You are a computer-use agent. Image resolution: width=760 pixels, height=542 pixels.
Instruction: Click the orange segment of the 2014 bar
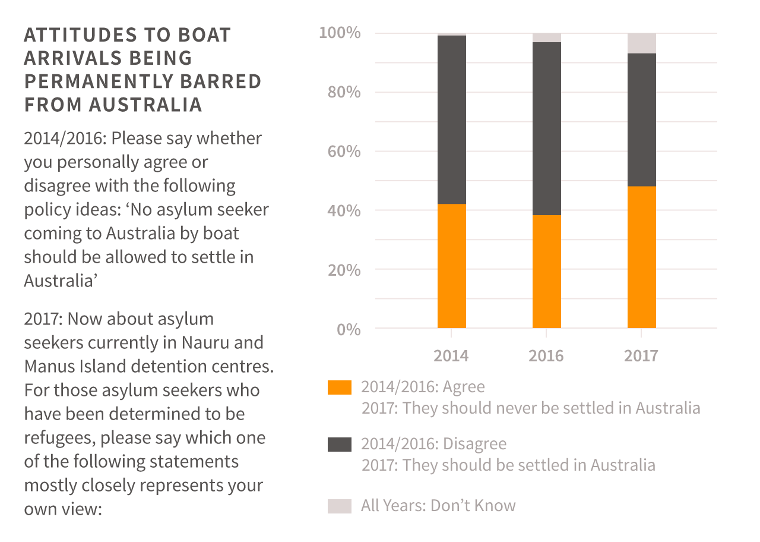click(451, 266)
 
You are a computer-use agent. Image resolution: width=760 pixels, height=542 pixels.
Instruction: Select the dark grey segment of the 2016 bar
click(546, 128)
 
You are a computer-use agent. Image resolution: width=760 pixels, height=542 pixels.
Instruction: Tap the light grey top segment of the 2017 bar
click(641, 43)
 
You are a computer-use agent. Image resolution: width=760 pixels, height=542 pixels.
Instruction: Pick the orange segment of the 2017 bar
click(641, 257)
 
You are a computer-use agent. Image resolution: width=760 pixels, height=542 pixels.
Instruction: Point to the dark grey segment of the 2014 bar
click(451, 119)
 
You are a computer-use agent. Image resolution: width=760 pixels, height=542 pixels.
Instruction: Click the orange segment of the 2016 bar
click(546, 271)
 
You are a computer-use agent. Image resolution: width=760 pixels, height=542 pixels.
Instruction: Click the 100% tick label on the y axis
click(340, 33)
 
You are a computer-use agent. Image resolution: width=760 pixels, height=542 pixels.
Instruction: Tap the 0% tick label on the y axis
click(349, 329)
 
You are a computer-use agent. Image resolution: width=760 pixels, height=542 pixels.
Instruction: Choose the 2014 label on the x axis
click(451, 356)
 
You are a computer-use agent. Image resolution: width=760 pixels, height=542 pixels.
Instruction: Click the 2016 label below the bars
click(546, 356)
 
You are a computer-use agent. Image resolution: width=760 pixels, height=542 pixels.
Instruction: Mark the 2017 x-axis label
click(641, 356)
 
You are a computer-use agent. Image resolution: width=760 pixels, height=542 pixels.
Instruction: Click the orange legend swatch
click(340, 387)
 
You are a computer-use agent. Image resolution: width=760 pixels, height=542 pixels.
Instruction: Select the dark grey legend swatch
click(340, 445)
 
